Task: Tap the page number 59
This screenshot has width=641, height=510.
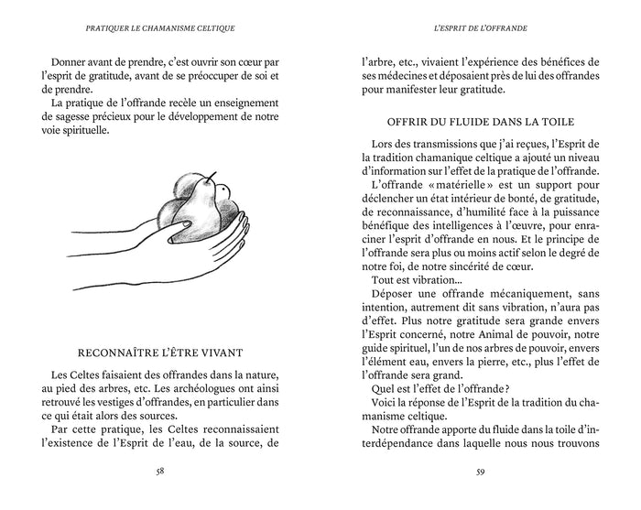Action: tap(480, 472)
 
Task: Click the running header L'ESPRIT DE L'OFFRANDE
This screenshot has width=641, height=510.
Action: tap(480, 27)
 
